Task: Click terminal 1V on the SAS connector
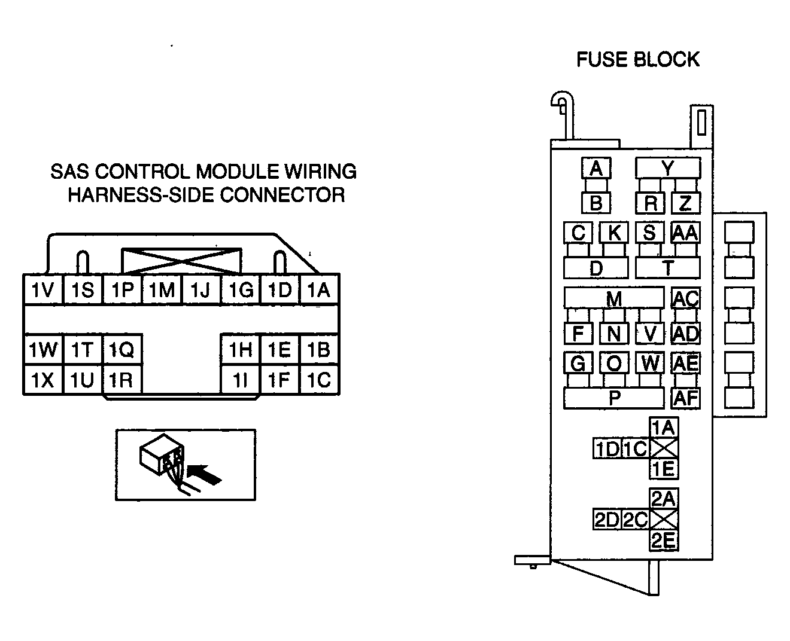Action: [x=43, y=289]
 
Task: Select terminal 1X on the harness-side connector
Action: [x=43, y=380]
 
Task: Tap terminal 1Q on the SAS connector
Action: [x=122, y=349]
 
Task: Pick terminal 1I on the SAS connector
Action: [x=241, y=380]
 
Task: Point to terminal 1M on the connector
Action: [x=162, y=289]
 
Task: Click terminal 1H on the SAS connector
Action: [x=241, y=349]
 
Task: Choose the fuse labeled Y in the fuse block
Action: [x=667, y=168]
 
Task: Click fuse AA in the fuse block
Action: [x=685, y=233]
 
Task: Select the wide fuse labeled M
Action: [x=614, y=298]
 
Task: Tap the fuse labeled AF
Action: [x=686, y=398]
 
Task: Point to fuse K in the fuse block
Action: [x=614, y=233]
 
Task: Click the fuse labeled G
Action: [x=578, y=363]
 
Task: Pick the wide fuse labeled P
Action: [x=614, y=398]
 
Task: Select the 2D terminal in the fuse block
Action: [x=607, y=520]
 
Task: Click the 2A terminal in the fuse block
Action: [x=664, y=499]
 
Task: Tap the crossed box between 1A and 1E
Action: [x=664, y=448]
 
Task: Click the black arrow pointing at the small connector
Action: [x=204, y=475]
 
